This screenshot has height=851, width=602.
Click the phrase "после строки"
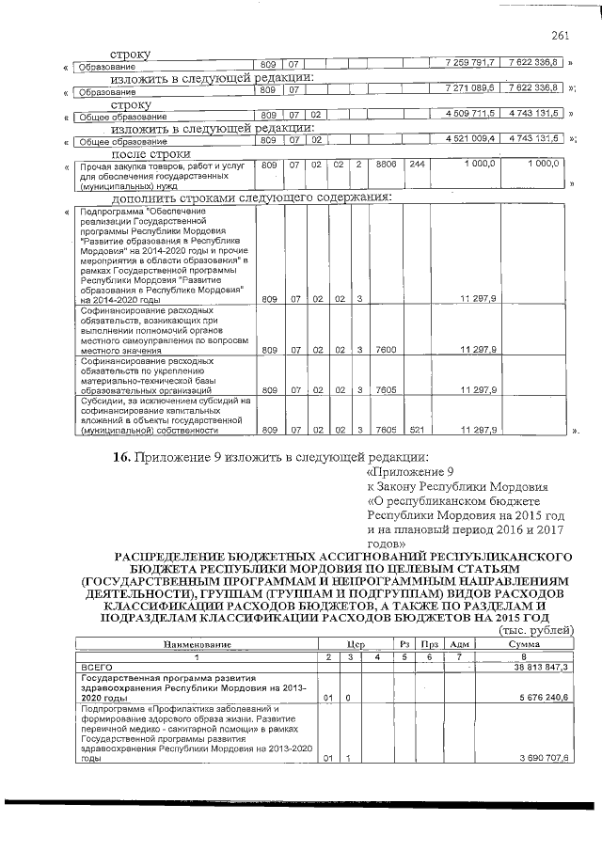pos(151,153)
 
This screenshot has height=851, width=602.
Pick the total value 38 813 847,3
pos(536,666)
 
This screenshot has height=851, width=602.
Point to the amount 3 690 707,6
pos(538,757)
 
